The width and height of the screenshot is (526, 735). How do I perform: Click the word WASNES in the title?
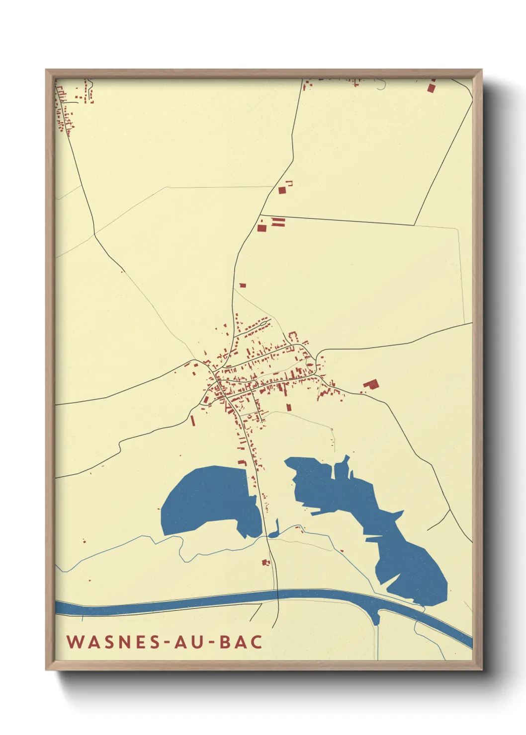[x=114, y=642]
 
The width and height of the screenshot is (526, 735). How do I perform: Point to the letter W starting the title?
[x=75, y=642]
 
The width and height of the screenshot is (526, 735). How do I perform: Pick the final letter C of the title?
[x=257, y=642]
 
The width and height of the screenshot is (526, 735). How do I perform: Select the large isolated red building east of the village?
[x=371, y=383]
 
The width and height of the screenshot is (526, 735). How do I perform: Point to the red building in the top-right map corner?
[x=431, y=88]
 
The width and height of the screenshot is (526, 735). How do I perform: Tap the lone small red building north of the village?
[x=243, y=286]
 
